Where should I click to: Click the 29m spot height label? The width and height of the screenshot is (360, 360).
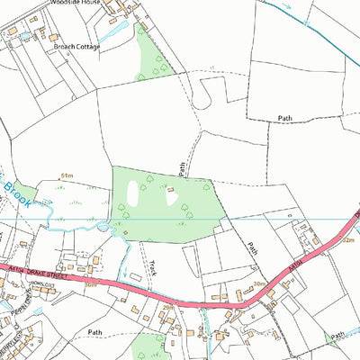(166, 307)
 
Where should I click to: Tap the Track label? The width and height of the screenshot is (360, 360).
(154, 267)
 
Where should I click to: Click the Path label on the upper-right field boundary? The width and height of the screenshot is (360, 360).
(285, 118)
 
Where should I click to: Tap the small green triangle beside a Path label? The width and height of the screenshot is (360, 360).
(337, 337)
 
